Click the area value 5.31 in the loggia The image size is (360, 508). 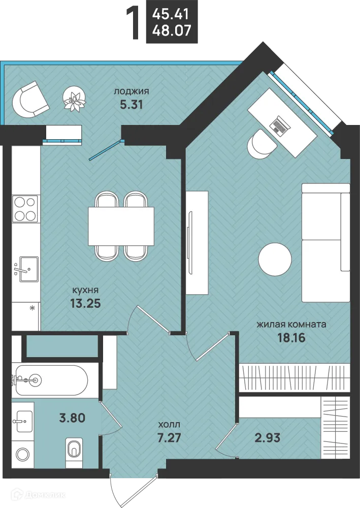coord(131,105)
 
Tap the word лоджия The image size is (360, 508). coord(131,91)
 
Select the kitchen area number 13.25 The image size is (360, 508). coord(85,303)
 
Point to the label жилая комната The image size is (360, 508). coord(291,324)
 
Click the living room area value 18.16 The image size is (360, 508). coord(291,338)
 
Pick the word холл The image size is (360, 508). coord(169,424)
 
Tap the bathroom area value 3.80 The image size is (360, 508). coord(72,418)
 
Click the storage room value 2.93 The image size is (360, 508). coord(267,438)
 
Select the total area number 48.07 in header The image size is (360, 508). coord(172,30)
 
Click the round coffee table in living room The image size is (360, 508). coord(275,260)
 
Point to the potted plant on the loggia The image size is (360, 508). coord(75,99)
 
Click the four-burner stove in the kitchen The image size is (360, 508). coord(26,209)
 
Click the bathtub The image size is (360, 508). coord(52,380)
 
